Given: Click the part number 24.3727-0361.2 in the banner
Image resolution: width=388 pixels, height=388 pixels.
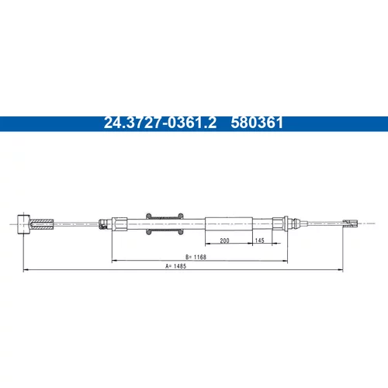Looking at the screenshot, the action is (160, 123).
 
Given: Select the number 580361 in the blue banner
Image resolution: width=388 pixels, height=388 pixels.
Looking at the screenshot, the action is (257, 123).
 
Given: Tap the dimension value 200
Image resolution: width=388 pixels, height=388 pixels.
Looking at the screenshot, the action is (224, 241).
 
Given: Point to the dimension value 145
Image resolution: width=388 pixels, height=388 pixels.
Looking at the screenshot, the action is (259, 241).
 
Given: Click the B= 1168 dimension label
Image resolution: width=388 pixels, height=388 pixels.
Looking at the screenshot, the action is (196, 257).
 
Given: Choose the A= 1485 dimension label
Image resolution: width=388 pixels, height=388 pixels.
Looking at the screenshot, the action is (176, 266).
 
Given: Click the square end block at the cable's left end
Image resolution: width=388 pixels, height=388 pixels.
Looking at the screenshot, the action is (23, 224).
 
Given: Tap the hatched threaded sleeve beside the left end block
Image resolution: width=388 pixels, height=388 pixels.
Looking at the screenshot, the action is (42, 224).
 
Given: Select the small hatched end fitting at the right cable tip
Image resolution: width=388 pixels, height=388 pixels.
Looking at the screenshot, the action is (350, 223).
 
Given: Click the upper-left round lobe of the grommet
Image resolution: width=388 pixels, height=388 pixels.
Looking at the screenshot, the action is (148, 216).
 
